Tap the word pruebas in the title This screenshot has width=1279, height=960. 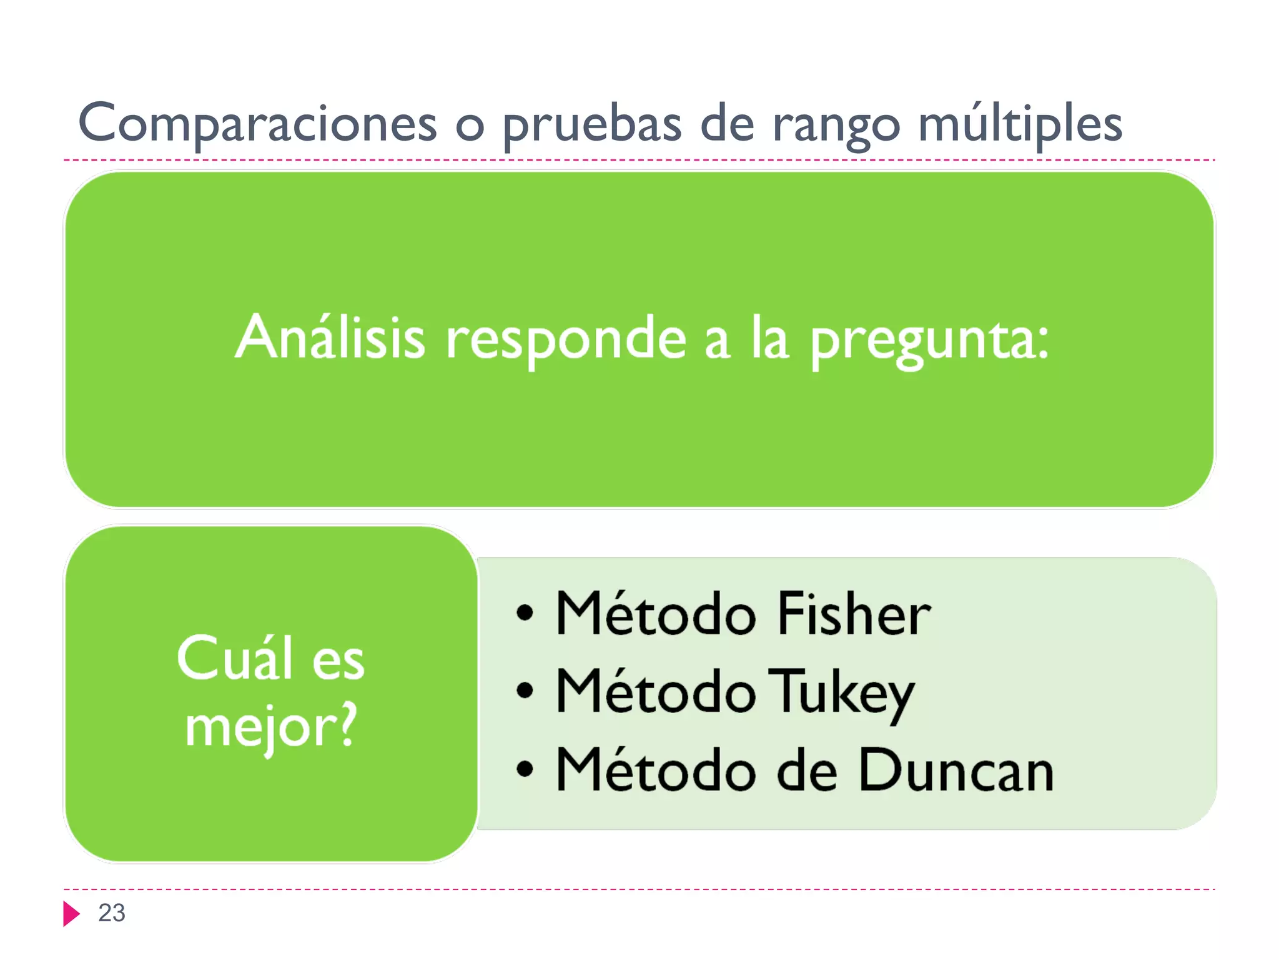coord(591,124)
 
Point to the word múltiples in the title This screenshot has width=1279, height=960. coord(1020,124)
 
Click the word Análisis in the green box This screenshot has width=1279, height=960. coord(330,337)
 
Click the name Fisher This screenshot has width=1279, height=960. coord(853,614)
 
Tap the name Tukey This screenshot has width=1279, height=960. coord(841,692)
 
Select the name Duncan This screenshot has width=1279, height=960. coord(956,771)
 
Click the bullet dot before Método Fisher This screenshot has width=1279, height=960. coord(525,614)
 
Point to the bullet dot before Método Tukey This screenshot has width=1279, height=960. coord(525,691)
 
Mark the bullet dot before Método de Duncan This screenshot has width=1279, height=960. coord(525,769)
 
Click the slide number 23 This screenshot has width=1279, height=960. coord(112,913)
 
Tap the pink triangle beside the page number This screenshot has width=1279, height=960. coord(71,914)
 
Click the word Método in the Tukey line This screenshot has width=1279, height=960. coord(655,691)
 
